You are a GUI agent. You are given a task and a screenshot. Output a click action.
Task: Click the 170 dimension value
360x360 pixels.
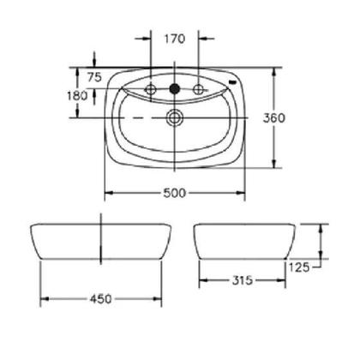tap(175, 39)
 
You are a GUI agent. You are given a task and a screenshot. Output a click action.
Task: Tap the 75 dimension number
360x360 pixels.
tap(94, 77)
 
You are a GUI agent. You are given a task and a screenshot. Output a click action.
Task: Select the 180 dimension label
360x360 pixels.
tap(77, 96)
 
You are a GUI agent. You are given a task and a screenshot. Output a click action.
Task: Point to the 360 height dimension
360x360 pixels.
tap(274, 117)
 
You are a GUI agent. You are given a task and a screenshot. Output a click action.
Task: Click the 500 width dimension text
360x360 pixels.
tap(174, 193)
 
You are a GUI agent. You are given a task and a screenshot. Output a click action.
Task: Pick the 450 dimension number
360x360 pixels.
tap(101, 299)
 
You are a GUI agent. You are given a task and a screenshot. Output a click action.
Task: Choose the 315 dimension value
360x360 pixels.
tap(243, 280)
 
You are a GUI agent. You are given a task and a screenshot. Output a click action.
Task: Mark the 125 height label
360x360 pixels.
tap(299, 267)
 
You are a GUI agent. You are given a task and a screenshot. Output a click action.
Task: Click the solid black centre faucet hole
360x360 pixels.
tap(175, 89)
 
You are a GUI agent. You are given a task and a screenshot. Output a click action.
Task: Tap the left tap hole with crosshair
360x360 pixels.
tap(151, 90)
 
